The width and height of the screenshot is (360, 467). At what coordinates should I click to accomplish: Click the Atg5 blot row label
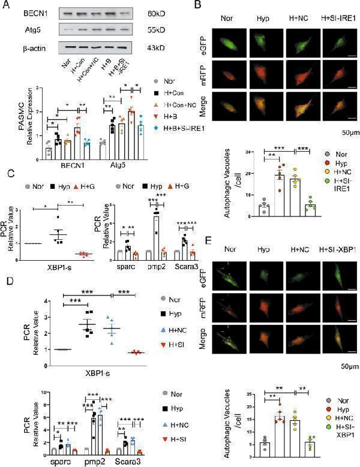coord(18,29)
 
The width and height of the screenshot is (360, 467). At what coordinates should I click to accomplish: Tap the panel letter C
coord(7,173)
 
